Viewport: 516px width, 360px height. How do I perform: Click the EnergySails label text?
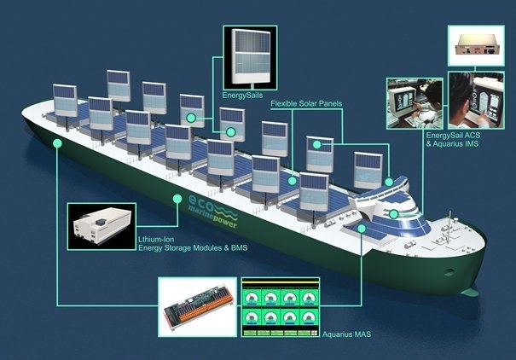[242, 96]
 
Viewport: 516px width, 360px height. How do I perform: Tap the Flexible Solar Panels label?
[306, 104]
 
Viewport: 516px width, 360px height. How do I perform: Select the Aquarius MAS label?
[346, 334]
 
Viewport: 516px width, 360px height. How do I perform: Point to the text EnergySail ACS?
[453, 136]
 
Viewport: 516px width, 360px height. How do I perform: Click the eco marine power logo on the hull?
[213, 212]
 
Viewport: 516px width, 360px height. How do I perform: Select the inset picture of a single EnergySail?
[251, 58]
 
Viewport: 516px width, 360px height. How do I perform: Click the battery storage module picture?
[101, 226]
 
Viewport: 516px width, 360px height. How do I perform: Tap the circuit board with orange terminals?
[198, 307]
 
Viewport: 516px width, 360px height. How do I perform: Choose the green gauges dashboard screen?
[281, 307]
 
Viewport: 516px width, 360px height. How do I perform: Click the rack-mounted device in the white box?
[476, 46]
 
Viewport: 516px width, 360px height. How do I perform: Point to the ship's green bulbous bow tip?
[473, 292]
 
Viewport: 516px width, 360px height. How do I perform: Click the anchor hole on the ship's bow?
[449, 272]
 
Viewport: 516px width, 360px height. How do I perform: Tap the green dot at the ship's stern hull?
[58, 143]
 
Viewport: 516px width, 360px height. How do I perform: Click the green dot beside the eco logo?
[177, 199]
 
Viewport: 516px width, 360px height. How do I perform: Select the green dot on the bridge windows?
[393, 214]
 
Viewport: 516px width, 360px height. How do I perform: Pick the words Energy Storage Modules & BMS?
[193, 247]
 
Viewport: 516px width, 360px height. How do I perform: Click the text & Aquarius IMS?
[453, 144]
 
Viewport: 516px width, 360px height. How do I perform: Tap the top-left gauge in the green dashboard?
[252, 298]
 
